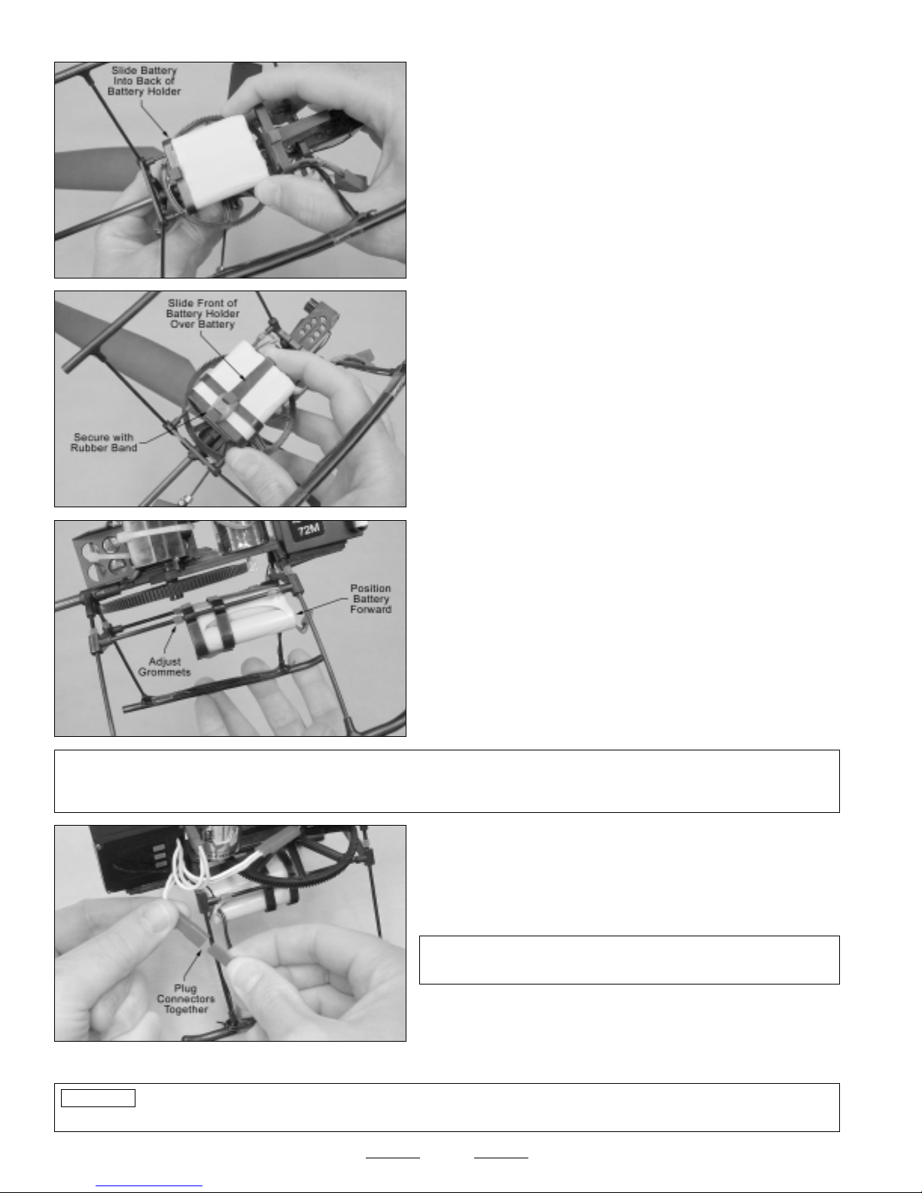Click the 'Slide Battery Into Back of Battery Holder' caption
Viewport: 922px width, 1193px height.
[144, 81]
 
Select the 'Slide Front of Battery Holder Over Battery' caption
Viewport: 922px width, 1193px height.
[202, 313]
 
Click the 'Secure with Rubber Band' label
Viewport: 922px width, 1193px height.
[104, 442]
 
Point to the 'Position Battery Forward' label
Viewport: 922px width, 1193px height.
[370, 598]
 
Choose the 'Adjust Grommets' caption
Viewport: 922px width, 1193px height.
[164, 666]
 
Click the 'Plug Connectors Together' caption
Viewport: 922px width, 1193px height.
[185, 999]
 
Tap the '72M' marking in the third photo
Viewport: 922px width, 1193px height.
[309, 530]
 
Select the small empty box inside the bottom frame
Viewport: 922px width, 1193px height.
[98, 1098]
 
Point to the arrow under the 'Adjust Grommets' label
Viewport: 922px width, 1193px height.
[171, 640]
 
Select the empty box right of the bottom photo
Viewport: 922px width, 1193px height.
[629, 960]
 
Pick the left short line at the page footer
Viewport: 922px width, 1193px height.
[393, 1158]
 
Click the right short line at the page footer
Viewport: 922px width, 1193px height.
[501, 1158]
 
